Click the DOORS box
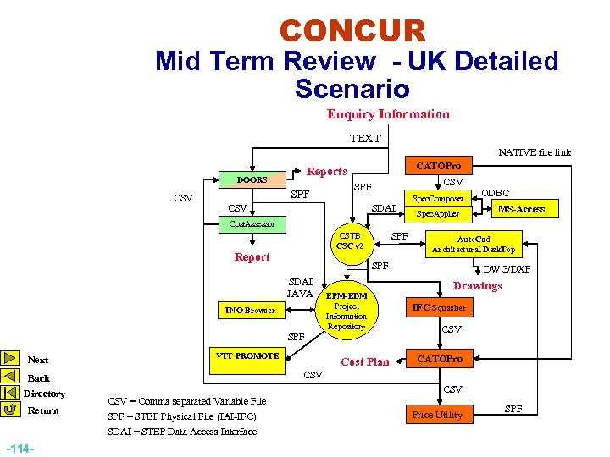[252, 179]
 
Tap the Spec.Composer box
[437, 199]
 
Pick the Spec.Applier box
[437, 215]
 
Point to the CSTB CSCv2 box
[350, 240]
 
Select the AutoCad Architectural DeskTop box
[474, 245]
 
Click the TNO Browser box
[248, 310]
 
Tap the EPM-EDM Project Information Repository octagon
[347, 311]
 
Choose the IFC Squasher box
[439, 308]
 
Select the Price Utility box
[437, 414]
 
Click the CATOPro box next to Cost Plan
[439, 360]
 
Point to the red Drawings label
[478, 286]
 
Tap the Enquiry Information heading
[388, 114]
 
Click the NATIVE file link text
[535, 152]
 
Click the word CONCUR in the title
[352, 32]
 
